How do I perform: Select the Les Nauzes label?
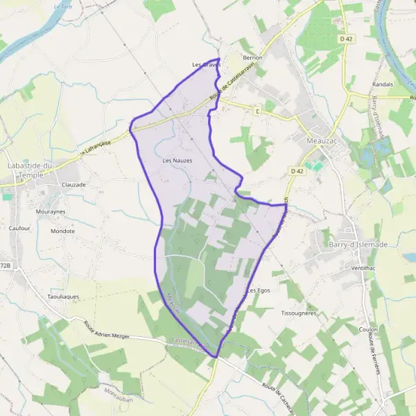177,160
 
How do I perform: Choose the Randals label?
383,84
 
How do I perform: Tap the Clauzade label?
73,185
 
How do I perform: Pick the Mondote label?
62,231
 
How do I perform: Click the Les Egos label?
258,290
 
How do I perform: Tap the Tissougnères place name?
299,313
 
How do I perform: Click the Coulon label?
369,329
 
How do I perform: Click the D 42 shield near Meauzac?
297,171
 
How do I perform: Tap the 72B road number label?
6,266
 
